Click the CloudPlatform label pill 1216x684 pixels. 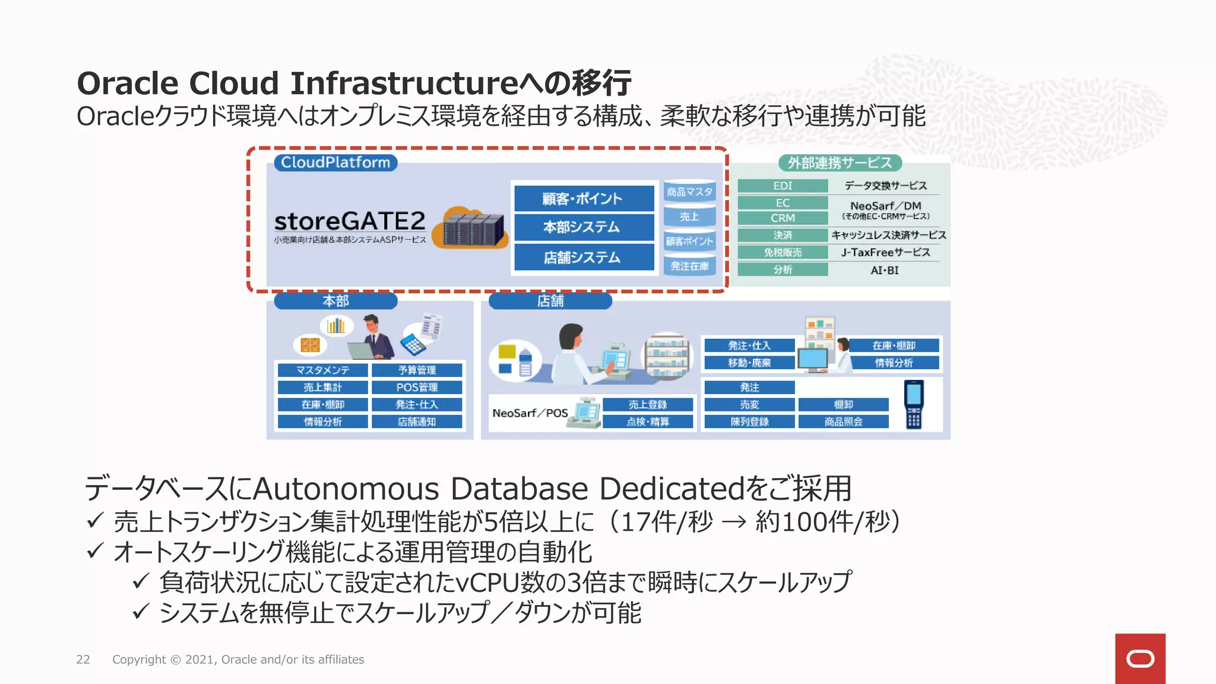335,163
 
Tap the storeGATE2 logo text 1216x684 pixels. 350,221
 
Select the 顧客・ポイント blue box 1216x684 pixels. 584,198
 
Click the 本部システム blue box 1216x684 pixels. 584,227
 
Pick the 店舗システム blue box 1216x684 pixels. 584,258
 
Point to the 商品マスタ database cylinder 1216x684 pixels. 689,192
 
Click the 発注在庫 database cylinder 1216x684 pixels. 689,266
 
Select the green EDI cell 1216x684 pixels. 783,186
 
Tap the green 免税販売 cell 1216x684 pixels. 783,252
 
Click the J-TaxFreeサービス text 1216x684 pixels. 885,252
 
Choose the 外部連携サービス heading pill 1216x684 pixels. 840,163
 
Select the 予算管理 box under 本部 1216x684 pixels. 417,370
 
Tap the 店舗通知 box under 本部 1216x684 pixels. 417,422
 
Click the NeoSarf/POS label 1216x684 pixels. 530,413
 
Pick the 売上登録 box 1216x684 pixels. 648,405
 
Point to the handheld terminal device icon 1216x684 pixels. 914,404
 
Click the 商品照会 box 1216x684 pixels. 843,422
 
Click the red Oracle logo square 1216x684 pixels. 1140,658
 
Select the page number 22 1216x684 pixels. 83,660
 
